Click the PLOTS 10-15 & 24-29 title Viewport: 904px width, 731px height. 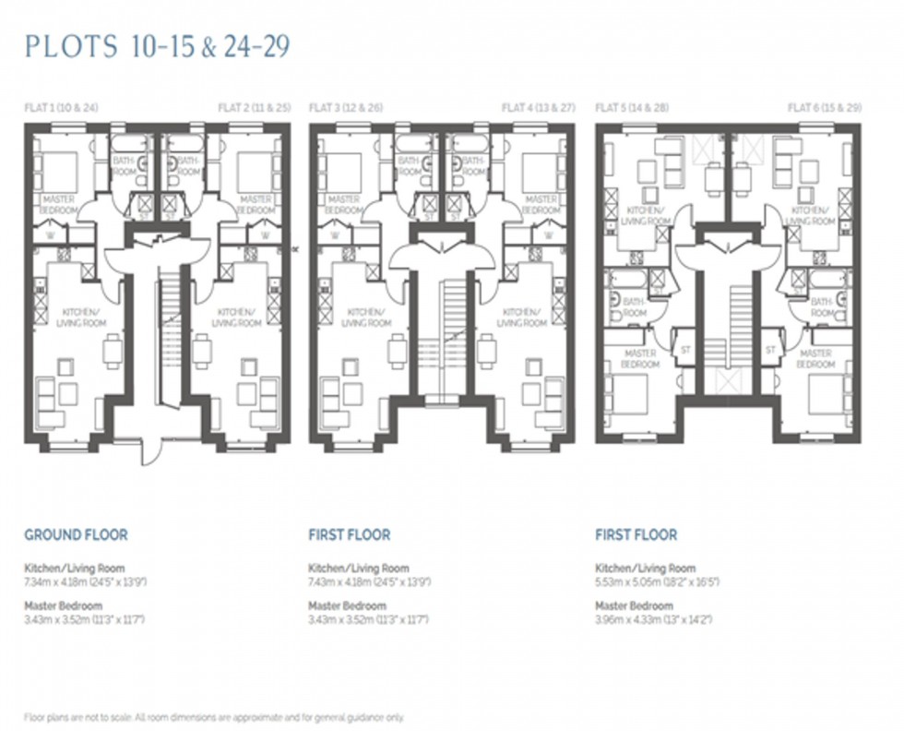(x=158, y=47)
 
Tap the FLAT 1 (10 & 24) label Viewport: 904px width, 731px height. (x=61, y=108)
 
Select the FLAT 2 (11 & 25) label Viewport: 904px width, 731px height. (x=254, y=108)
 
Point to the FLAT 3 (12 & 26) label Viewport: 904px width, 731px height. (x=346, y=108)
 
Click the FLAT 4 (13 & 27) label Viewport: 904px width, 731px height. (x=538, y=108)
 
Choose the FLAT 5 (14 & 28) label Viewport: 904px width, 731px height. (x=632, y=108)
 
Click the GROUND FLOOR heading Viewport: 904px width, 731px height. (x=76, y=534)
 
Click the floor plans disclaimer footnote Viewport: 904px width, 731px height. (x=214, y=717)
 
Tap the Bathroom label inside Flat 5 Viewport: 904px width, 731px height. (x=635, y=307)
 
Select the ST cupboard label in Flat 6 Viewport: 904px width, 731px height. (x=770, y=350)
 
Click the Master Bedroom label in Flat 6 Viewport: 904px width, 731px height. (x=816, y=359)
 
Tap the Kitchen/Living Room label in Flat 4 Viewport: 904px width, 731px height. (x=522, y=318)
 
